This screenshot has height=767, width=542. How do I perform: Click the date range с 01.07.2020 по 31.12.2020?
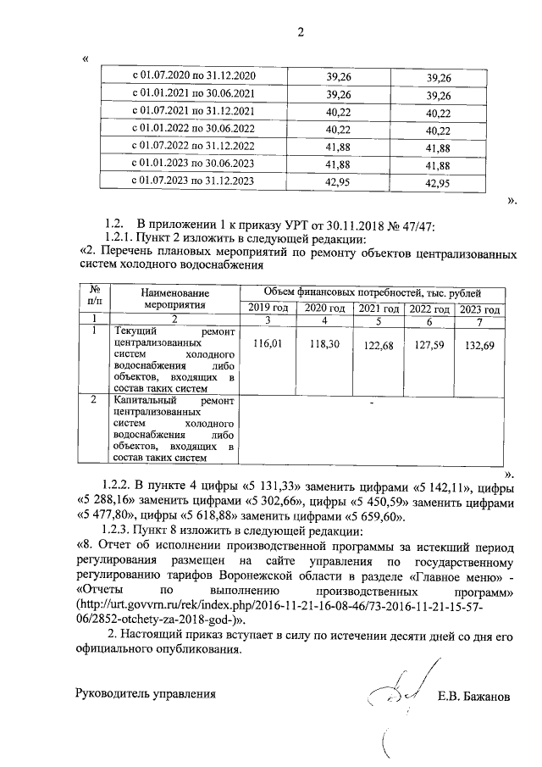[195, 77]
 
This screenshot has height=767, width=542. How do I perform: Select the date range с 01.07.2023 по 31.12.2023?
[195, 181]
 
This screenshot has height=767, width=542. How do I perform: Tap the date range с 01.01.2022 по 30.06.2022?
[195, 129]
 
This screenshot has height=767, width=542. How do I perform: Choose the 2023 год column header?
[479, 307]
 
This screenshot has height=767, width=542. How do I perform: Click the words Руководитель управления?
[145, 694]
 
